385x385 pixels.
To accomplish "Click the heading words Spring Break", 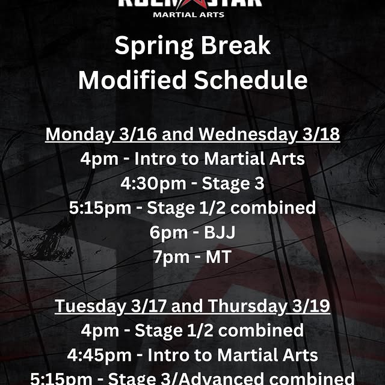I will [192, 47].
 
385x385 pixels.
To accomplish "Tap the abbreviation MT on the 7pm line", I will [218, 256].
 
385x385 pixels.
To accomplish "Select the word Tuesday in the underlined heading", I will [91, 306].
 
